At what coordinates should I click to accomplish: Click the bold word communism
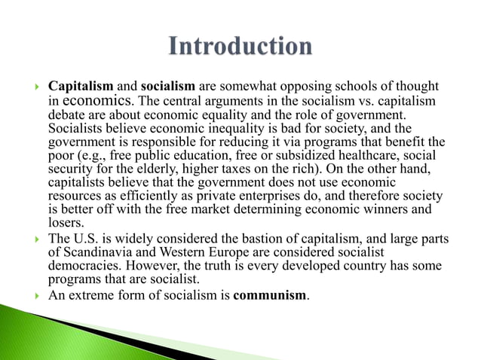click(x=270, y=294)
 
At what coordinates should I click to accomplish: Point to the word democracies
click(x=82, y=267)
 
